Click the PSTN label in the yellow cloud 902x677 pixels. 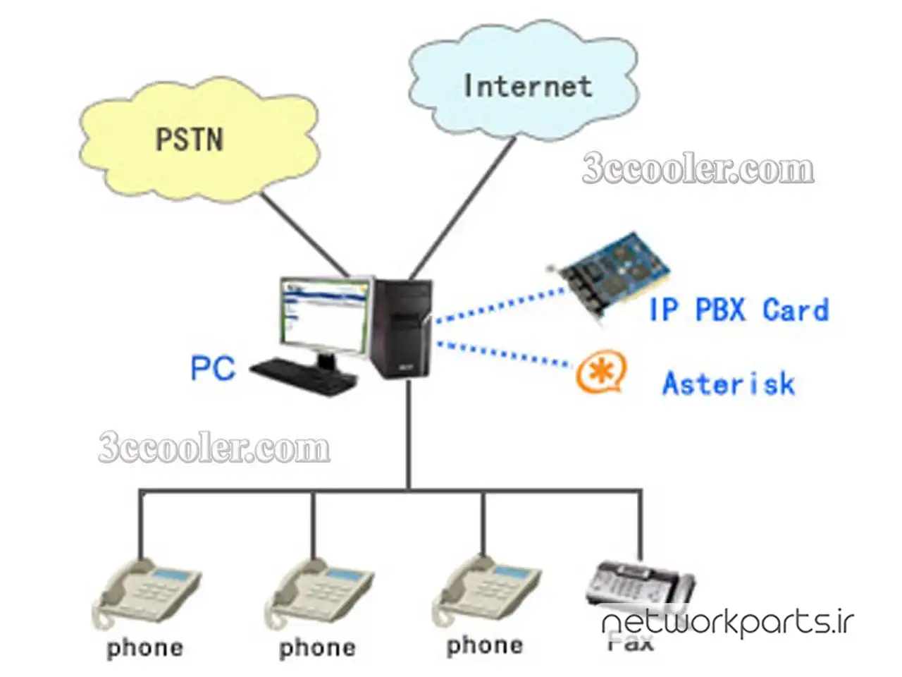coord(189,138)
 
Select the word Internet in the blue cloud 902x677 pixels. coord(527,85)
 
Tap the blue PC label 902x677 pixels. coord(212,368)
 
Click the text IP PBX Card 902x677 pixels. coord(739,310)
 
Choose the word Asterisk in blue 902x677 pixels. coord(729,384)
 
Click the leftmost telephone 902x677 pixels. coord(147,592)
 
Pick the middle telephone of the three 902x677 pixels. coord(319,592)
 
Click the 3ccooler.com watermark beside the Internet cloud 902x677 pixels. coord(698,169)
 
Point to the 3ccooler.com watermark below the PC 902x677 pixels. coord(214,449)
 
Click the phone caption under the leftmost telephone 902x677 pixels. coord(145,648)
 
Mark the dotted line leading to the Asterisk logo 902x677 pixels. coord(504,355)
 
